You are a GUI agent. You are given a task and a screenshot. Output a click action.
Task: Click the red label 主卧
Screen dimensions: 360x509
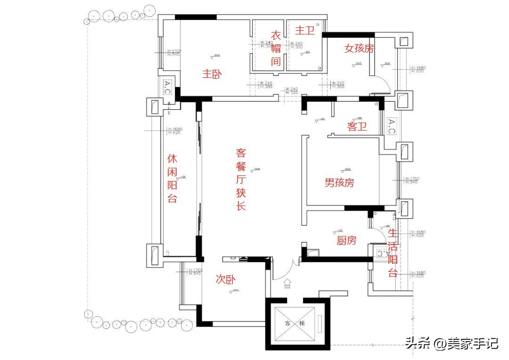(x=212, y=74)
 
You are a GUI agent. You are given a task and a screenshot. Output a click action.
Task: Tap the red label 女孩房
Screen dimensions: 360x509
(x=359, y=48)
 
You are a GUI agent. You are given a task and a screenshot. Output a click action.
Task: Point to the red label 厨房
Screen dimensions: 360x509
(x=346, y=241)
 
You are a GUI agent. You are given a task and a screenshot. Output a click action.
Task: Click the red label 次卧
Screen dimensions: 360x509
(x=226, y=279)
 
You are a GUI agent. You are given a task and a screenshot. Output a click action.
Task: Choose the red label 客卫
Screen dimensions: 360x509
(x=357, y=126)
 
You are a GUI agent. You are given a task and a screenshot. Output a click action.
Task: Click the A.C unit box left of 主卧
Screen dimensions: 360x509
(x=168, y=87)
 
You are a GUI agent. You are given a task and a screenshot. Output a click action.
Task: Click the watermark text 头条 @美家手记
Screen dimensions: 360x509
(x=451, y=343)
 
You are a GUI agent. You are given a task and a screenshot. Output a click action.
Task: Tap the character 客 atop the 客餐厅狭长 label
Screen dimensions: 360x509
(x=241, y=153)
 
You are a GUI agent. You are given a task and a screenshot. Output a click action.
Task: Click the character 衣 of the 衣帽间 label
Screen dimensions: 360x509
(x=276, y=35)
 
